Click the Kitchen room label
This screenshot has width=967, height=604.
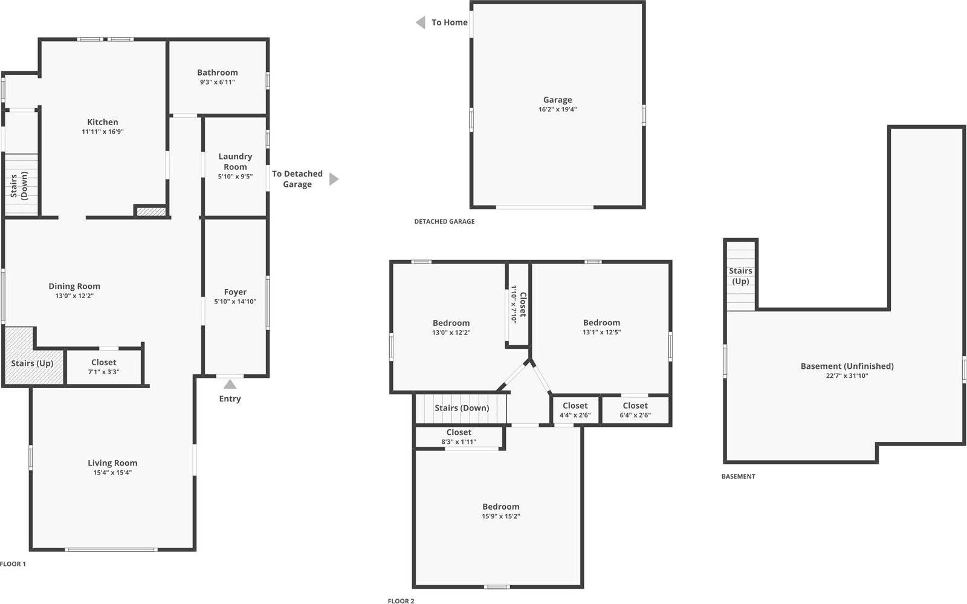pos(102,122)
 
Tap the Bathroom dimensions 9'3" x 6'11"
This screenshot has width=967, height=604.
pos(217,82)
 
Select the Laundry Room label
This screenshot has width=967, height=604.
pos(235,161)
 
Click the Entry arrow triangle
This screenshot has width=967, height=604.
pos(230,385)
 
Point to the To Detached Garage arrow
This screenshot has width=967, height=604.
pos(334,179)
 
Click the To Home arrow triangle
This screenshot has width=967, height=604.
pos(421,22)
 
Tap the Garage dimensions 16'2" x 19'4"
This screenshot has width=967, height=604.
pos(557,109)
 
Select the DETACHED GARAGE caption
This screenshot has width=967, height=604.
pos(444,221)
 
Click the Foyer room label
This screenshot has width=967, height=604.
pos(235,292)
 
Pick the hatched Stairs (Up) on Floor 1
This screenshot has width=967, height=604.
pos(32,363)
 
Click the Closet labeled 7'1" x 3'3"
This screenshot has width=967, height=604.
pos(104,367)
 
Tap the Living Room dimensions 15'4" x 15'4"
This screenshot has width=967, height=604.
pos(112,473)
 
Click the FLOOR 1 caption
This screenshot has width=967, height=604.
pos(13,564)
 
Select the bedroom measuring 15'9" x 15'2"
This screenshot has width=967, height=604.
pos(500,511)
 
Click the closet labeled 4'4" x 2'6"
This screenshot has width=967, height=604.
pos(575,411)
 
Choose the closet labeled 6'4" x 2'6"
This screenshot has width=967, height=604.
pos(635,411)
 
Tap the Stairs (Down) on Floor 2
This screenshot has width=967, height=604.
pos(462,408)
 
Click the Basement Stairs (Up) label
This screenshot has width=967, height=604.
pos(740,276)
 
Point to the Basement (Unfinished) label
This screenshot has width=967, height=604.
pos(847,366)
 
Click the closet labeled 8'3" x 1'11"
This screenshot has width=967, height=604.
pos(459,437)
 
